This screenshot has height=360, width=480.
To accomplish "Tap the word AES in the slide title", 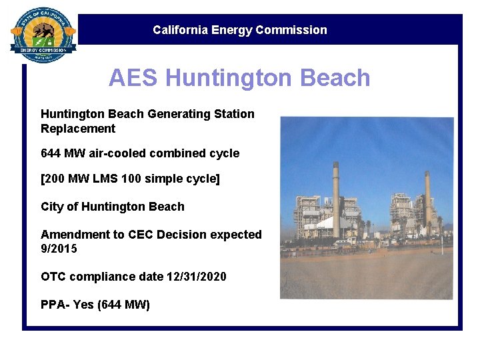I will point(134,78).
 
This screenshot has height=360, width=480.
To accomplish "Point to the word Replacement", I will point(78,129).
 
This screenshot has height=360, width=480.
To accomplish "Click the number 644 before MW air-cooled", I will point(51,153).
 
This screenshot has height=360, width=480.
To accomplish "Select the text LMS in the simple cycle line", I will point(103,179).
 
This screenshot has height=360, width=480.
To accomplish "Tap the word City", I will point(52,207).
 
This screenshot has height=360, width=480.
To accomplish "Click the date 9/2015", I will point(59,249).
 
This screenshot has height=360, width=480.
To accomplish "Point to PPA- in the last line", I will point(55,305).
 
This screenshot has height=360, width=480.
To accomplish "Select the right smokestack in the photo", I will point(427,200).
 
